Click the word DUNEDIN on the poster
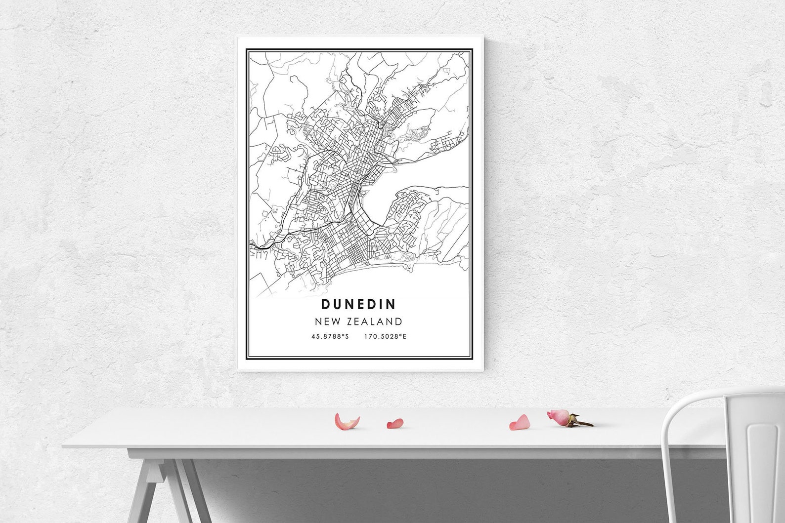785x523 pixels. pyautogui.click(x=359, y=303)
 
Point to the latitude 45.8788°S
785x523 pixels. pyautogui.click(x=330, y=337)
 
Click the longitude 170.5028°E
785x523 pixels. pyautogui.click(x=385, y=337)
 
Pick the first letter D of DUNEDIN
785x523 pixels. pyautogui.click(x=326, y=303)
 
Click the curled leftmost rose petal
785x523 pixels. pyautogui.click(x=346, y=422)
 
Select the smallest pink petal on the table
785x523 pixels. pyautogui.click(x=395, y=423)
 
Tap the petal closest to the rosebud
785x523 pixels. pyautogui.click(x=520, y=422)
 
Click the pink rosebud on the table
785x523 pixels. pyautogui.click(x=559, y=417)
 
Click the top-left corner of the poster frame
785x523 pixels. pyautogui.click(x=239, y=37)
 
